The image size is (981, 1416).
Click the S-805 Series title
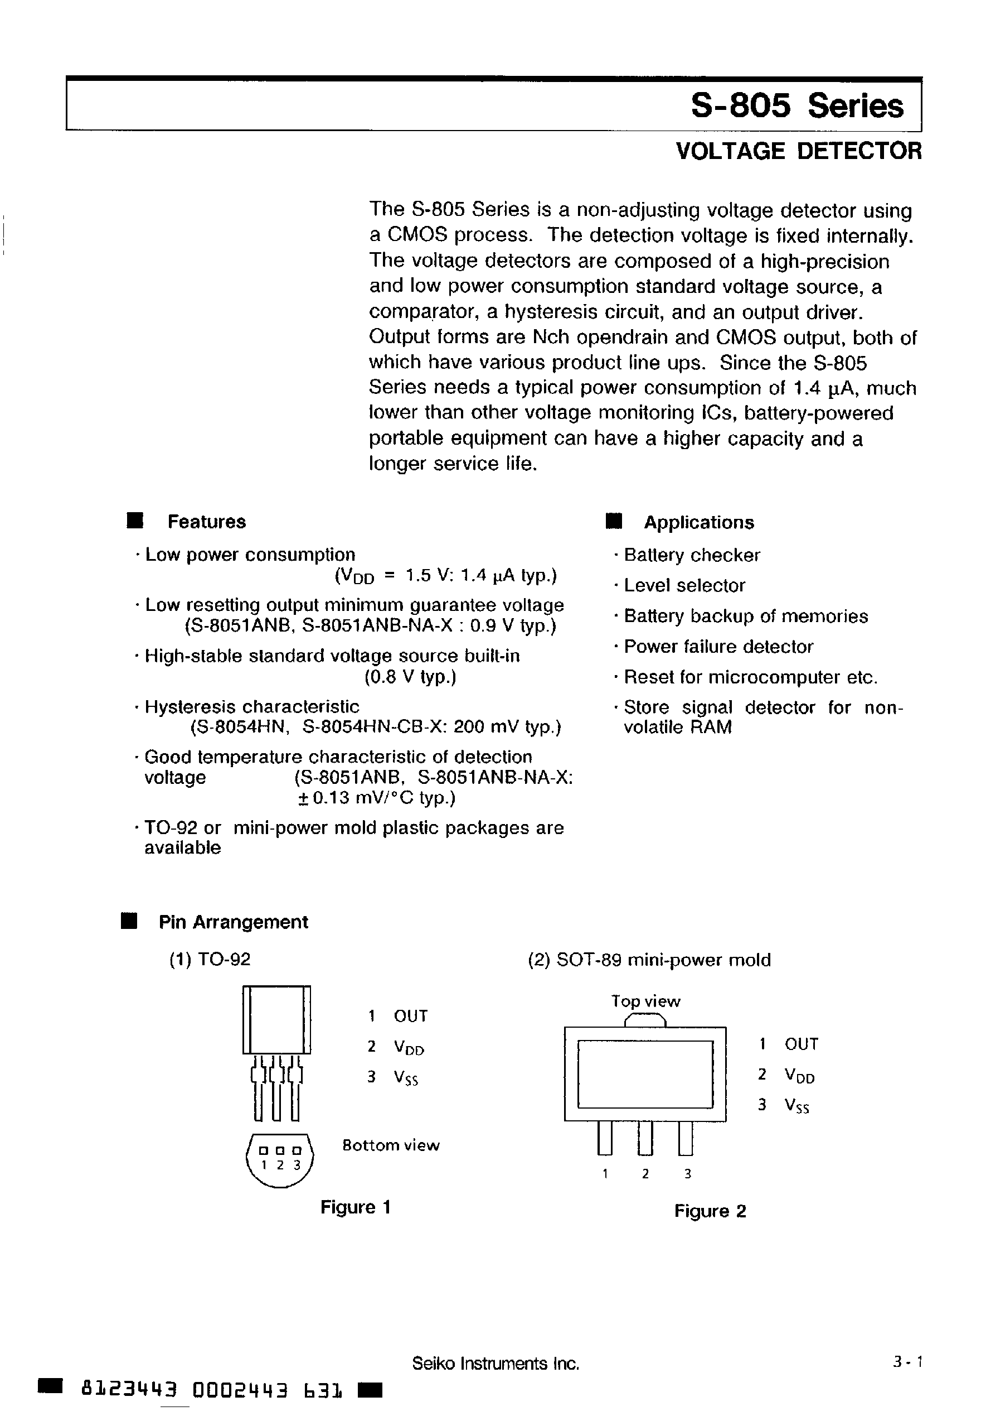tap(797, 105)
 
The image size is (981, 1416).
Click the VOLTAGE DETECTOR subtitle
tap(798, 151)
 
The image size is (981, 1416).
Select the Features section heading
tap(207, 522)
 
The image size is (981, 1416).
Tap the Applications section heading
tap(698, 522)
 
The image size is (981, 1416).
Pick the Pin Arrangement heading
tap(233, 922)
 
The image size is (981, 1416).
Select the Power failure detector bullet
tap(718, 647)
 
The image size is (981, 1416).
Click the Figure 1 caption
tap(355, 1207)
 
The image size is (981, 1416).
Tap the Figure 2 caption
tap(710, 1211)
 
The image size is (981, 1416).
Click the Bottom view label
tap(391, 1145)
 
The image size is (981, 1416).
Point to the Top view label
tap(645, 1001)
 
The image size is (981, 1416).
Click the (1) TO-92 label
tap(210, 959)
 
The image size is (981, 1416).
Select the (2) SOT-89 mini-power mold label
tap(649, 960)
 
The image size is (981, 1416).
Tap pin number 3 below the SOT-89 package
tap(687, 1174)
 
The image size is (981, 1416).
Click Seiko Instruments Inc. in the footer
tap(496, 1364)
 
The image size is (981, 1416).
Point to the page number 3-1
tap(908, 1362)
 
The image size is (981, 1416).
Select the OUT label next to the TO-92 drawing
tap(410, 1015)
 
